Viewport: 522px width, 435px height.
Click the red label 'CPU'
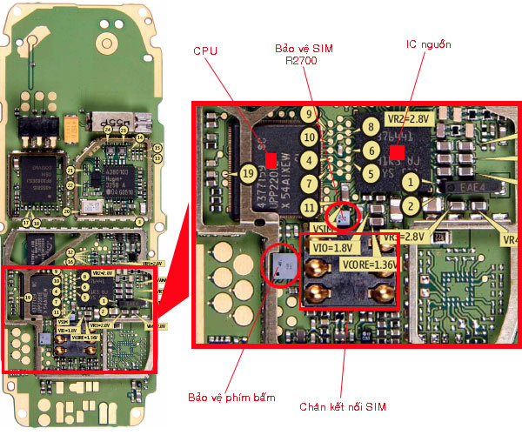(x=204, y=51)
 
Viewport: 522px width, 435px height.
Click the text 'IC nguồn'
(x=428, y=43)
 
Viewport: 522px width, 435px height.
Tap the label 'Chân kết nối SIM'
(x=342, y=406)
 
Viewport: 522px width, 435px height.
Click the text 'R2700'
(x=297, y=62)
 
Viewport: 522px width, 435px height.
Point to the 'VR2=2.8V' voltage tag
(x=407, y=117)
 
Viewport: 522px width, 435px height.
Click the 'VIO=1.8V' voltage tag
(x=330, y=247)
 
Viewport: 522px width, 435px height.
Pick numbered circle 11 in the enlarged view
(x=308, y=206)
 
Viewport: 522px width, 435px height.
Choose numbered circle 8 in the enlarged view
(x=370, y=128)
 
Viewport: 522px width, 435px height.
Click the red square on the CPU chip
(x=271, y=159)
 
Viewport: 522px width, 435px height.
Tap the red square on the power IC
(x=397, y=152)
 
